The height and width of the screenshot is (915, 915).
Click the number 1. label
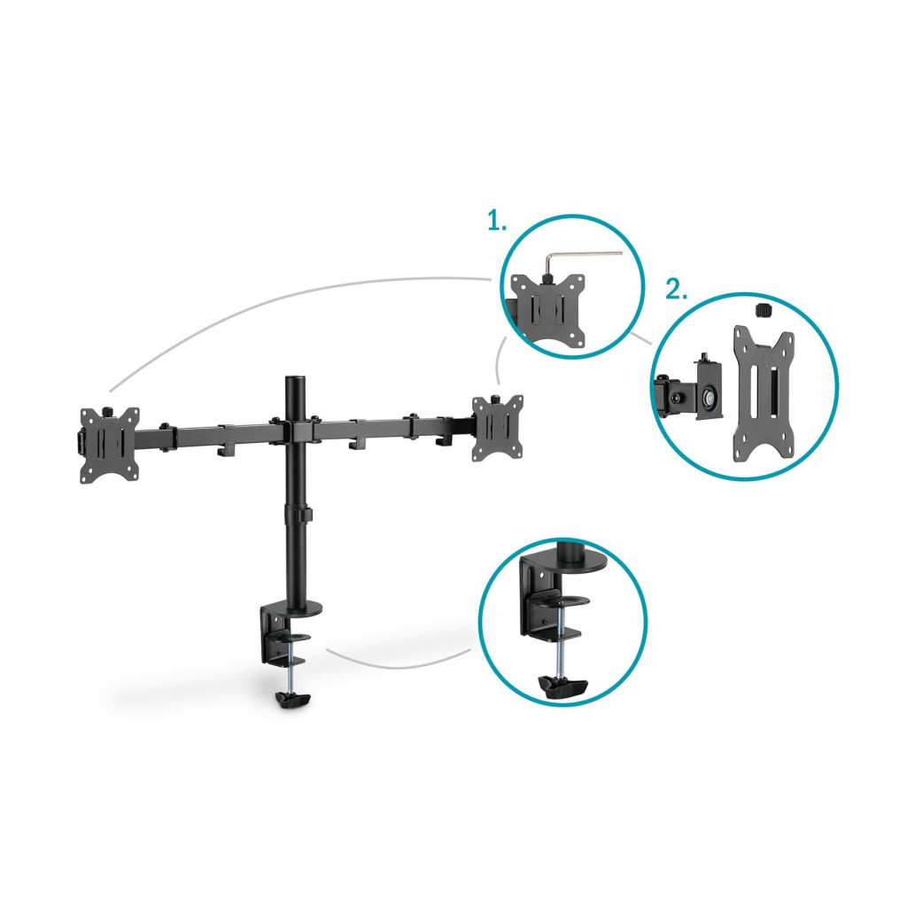click(497, 221)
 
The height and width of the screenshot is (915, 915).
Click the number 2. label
click(676, 290)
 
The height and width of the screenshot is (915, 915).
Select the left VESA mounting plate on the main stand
click(110, 446)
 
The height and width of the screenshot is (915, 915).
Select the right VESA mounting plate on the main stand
click(497, 428)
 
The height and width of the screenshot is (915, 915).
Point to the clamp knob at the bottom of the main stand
click(293, 700)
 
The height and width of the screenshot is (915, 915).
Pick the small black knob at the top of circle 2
click(763, 310)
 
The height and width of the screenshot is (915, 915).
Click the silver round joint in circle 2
click(710, 398)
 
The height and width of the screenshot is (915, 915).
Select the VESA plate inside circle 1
click(547, 309)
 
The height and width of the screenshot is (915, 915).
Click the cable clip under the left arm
click(225, 451)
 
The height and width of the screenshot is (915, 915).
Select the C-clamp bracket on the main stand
click(279, 636)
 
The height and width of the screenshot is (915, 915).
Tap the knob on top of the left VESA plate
click(108, 412)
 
